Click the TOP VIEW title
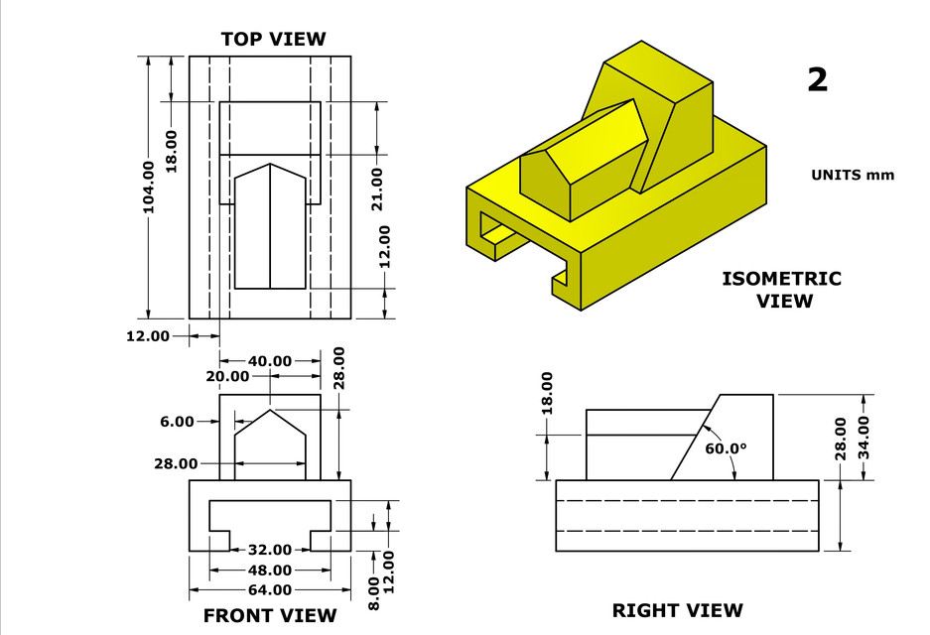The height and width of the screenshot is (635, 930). click(x=273, y=40)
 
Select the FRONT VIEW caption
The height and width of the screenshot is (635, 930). click(x=270, y=615)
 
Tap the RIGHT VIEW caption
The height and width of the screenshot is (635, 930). click(x=677, y=610)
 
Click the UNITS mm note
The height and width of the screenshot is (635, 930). click(x=853, y=175)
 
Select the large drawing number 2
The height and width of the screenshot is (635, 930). click(x=817, y=79)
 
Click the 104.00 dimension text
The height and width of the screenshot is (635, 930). click(x=149, y=187)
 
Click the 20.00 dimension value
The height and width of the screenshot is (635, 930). click(x=227, y=377)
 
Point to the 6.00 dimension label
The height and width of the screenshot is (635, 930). click(x=177, y=422)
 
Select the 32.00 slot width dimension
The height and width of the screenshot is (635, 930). click(x=270, y=550)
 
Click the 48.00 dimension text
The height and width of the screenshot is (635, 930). click(x=270, y=571)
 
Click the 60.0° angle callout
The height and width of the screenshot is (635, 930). click(x=726, y=447)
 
